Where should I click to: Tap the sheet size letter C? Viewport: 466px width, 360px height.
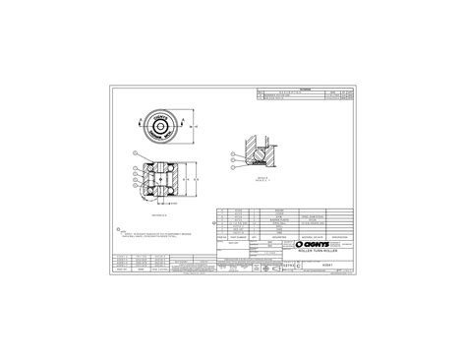point(287,265)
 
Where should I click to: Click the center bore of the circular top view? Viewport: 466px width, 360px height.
point(163,126)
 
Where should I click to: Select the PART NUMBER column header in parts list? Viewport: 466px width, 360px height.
point(239,237)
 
